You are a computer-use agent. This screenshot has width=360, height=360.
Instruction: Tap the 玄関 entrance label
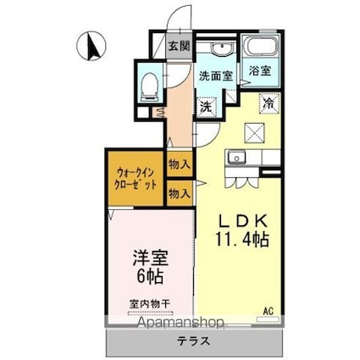(x=178, y=47)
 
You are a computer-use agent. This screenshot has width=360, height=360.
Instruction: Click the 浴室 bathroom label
(x=260, y=72)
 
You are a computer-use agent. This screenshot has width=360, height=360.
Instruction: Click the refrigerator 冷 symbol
(x=269, y=103)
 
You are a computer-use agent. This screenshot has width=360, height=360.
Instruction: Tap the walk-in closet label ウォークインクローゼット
(x=135, y=178)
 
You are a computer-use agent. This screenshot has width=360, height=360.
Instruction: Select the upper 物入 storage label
(x=179, y=163)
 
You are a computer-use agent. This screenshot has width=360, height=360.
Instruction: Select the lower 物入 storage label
(x=179, y=194)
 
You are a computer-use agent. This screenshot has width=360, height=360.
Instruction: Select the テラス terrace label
(x=195, y=342)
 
